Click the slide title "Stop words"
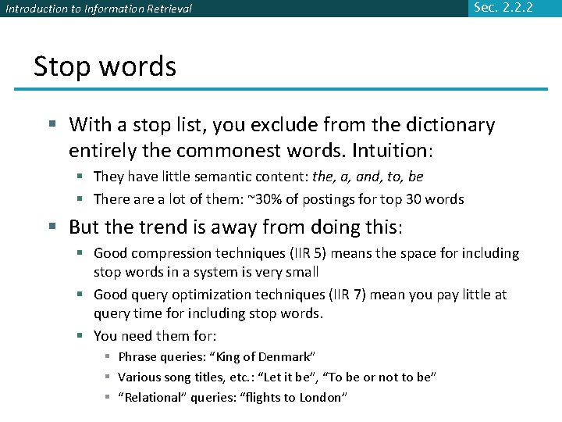point(105,67)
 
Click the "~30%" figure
point(260,199)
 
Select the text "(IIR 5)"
point(315,253)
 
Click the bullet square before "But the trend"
point(52,227)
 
